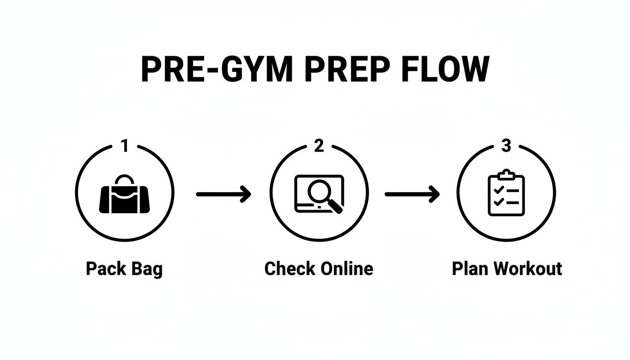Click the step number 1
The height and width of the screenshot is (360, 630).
click(x=124, y=146)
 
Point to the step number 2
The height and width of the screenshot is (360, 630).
click(x=319, y=146)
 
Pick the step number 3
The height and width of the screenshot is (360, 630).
click(x=506, y=146)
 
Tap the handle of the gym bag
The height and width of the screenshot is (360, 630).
click(x=125, y=180)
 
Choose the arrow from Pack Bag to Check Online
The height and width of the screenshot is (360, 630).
click(x=223, y=193)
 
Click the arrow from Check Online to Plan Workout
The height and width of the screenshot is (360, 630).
click(x=412, y=193)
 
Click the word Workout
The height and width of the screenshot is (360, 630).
click(x=528, y=269)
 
